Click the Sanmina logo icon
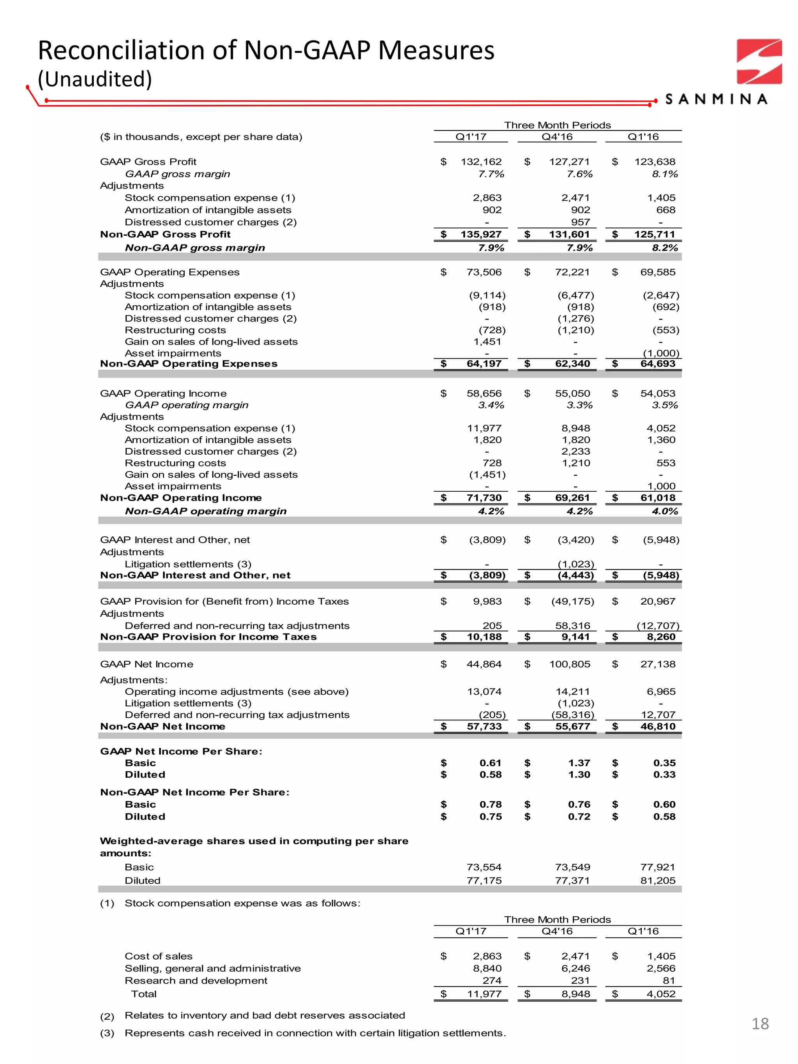click(759, 62)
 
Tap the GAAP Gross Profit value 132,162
click(480, 162)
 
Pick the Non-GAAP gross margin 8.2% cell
click(665, 248)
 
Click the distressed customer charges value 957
click(580, 222)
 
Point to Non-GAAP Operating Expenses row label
click(189, 363)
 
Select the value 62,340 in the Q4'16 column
click(572, 363)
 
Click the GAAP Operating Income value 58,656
click(484, 393)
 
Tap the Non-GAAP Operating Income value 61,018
click(658, 498)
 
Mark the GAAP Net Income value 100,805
click(570, 664)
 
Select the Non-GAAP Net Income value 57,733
click(484, 726)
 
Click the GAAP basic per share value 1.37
click(579, 763)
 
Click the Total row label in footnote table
click(144, 994)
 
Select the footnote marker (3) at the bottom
click(107, 1033)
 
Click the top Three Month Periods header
click(557, 125)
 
